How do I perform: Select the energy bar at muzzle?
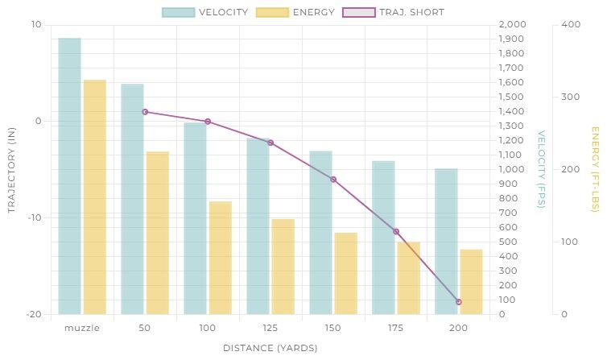[95, 197]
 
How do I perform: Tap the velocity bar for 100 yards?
[195, 218]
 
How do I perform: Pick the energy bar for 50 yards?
[158, 233]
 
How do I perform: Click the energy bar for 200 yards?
[471, 282]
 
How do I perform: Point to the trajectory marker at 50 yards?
[145, 112]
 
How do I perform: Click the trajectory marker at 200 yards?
[459, 302]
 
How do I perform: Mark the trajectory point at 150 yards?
[333, 180]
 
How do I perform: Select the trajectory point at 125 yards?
[270, 143]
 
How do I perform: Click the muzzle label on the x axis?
[82, 328]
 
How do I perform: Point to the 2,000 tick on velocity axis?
[512, 25]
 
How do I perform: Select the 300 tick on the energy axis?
[570, 97]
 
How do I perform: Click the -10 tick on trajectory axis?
[35, 217]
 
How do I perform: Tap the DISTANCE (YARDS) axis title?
[270, 348]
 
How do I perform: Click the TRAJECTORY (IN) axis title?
[12, 170]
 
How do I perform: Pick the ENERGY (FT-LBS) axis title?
[595, 170]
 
